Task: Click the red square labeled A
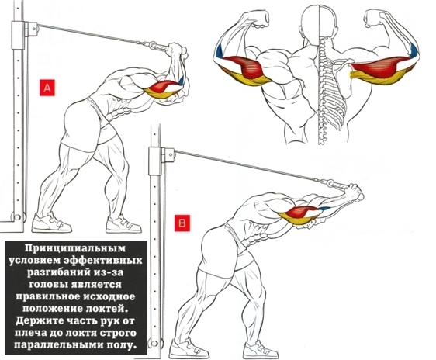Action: [x=47, y=88]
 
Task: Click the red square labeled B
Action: [x=182, y=223]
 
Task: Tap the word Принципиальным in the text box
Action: [x=75, y=248]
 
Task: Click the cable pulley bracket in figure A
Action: [x=31, y=29]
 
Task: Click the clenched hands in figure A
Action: [x=177, y=50]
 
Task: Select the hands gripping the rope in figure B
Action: [x=355, y=192]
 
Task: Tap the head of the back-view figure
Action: [x=319, y=21]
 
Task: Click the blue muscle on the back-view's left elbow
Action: [x=220, y=51]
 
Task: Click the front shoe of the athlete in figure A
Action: [x=123, y=224]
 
